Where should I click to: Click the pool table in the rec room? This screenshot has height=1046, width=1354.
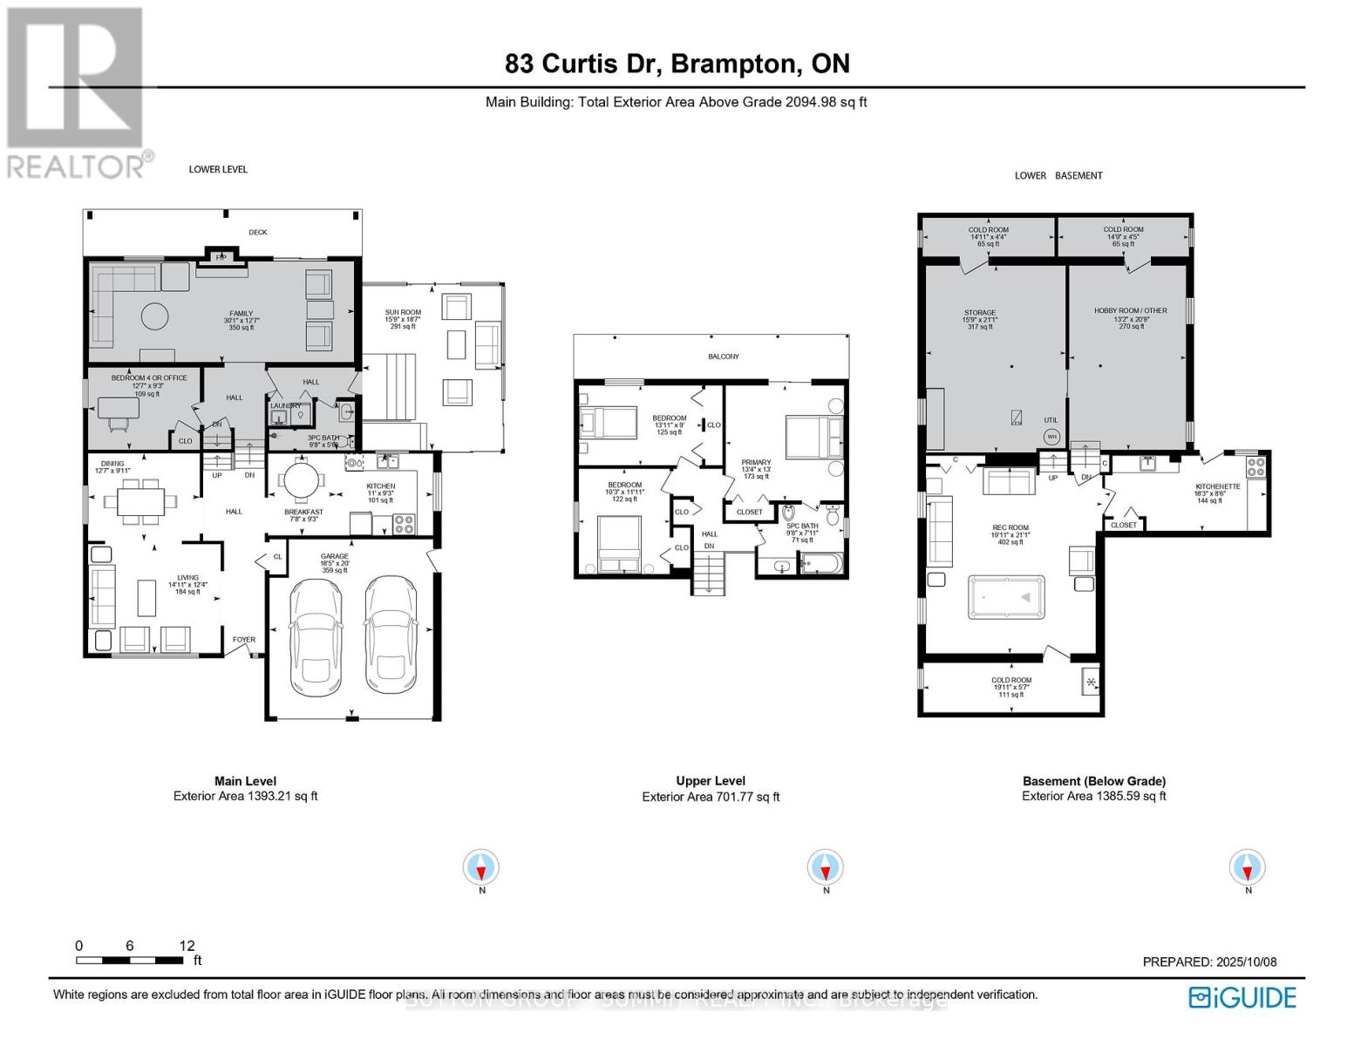pos(1006,597)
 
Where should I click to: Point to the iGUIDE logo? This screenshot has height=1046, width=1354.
pos(1242,997)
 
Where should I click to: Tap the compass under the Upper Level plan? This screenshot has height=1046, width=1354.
pos(825,868)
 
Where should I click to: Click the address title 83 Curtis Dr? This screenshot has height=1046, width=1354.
pos(677,64)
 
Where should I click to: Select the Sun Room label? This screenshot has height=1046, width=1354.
pos(403,312)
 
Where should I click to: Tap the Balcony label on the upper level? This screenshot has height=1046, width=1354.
pos(723,357)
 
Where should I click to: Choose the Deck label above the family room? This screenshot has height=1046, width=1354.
pos(257,232)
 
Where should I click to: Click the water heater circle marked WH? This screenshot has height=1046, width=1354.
pos(1051,436)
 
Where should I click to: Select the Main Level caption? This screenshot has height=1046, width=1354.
pos(245,781)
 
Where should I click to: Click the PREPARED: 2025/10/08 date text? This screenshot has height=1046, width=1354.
pos(1209,961)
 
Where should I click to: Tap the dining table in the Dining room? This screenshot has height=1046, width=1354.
pos(140,501)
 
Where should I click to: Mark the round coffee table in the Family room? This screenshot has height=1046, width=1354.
pos(155,316)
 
